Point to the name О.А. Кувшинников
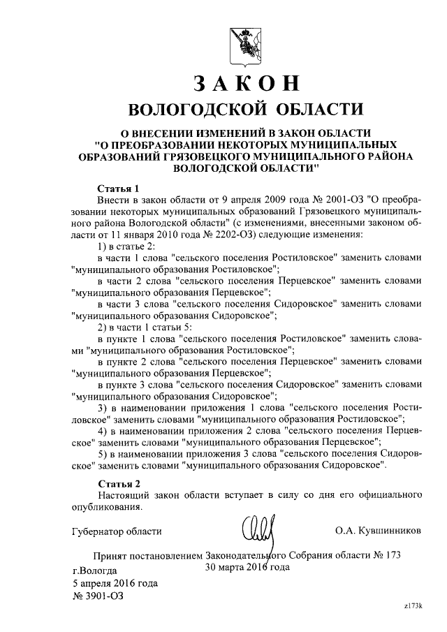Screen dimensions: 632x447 click(378, 531)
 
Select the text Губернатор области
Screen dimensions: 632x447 click(117, 531)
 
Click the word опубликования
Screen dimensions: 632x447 click(108, 507)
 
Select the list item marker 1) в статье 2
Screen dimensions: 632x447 click(102, 247)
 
